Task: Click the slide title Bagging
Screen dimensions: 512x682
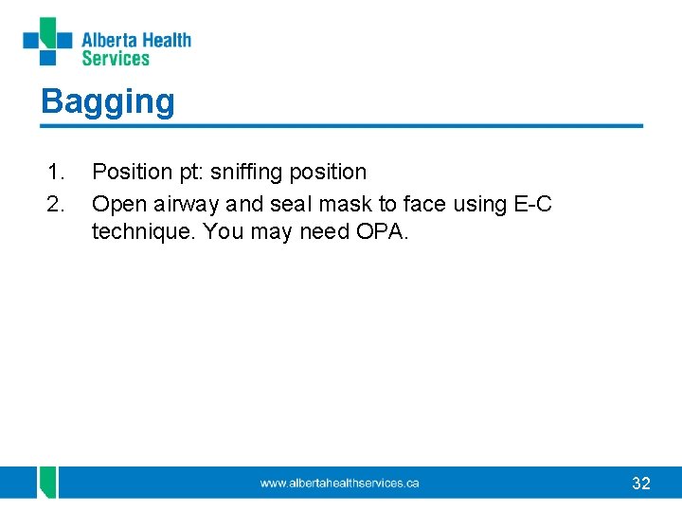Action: (x=107, y=101)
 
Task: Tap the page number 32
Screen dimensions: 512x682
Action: (x=641, y=484)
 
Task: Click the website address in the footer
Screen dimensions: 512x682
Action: (x=340, y=484)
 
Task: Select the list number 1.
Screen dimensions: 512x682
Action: (x=56, y=173)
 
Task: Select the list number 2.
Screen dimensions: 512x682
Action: (x=56, y=204)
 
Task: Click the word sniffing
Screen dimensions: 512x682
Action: (x=243, y=173)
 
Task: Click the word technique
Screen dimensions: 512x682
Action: (x=143, y=233)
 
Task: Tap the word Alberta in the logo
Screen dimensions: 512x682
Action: (x=109, y=40)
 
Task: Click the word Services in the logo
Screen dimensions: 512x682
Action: (x=116, y=59)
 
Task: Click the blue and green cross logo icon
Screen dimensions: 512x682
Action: (x=47, y=42)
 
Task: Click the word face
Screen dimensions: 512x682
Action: (x=421, y=204)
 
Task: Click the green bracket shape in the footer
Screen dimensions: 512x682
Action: (x=47, y=482)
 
